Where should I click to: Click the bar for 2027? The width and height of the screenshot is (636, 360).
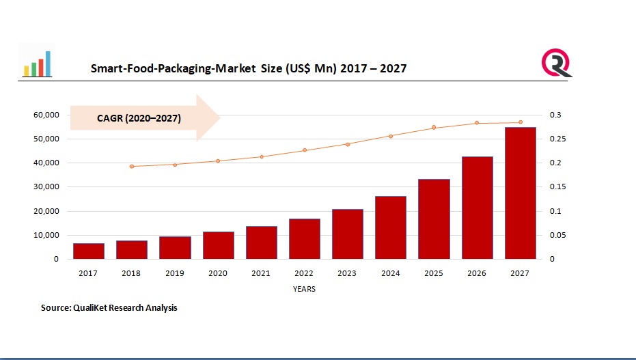coord(520,193)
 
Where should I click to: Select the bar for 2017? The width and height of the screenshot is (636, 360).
coord(89,251)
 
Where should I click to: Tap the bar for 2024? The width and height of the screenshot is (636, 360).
coord(391,227)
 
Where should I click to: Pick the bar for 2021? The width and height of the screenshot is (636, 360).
coord(261,243)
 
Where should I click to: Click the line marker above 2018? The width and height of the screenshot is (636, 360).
coord(132,166)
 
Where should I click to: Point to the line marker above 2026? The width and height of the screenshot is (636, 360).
coord(477,123)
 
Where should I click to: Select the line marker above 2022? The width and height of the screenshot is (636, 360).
coord(305,150)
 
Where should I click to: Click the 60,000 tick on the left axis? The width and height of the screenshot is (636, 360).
coord(46,115)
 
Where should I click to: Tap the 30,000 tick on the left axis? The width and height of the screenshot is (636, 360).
coord(46,187)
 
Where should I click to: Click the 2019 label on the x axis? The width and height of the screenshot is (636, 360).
coord(175,273)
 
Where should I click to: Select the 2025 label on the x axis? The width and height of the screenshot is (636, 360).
coord(434,273)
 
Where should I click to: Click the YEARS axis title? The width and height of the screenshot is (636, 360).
coord(304,289)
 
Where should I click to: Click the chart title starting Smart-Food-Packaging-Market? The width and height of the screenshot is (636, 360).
coord(249,68)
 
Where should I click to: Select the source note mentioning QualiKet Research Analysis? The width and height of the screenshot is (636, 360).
coord(109,308)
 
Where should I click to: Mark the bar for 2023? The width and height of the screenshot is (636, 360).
coord(348,234)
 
